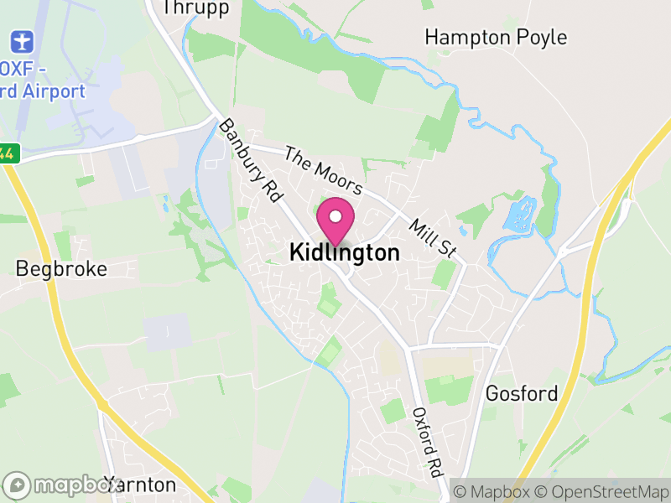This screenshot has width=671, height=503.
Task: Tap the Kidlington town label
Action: (344, 252)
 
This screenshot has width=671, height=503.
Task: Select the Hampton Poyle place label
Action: (495, 37)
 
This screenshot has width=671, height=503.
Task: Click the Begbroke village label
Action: (62, 269)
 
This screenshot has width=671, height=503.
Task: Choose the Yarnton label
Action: (139, 485)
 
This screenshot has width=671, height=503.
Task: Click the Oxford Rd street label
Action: (427, 442)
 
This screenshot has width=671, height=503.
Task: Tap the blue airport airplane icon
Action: (21, 40)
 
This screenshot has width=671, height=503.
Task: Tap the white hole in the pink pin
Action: (335, 216)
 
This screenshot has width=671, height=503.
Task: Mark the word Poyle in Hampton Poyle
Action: (542, 37)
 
